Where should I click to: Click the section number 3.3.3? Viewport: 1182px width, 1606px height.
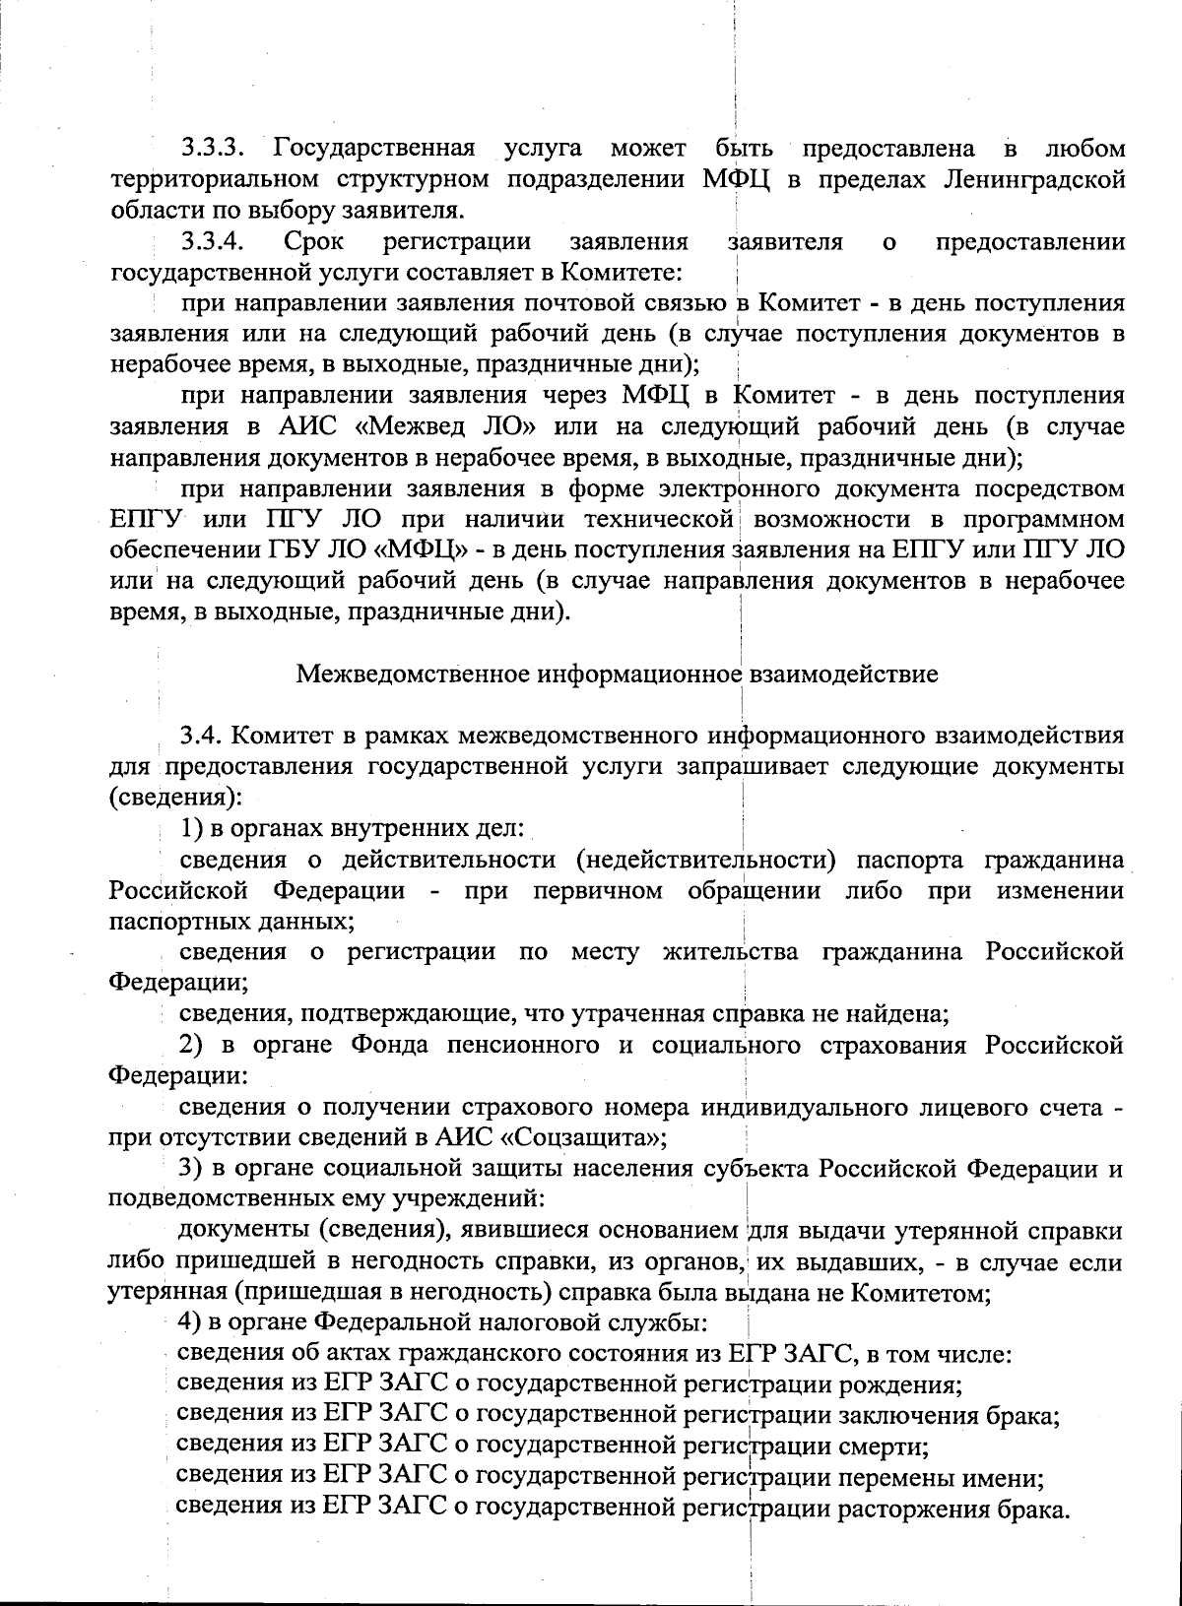(x=213, y=151)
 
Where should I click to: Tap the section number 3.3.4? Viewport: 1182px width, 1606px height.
(x=213, y=241)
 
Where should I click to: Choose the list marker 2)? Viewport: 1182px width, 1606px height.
(x=193, y=1044)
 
